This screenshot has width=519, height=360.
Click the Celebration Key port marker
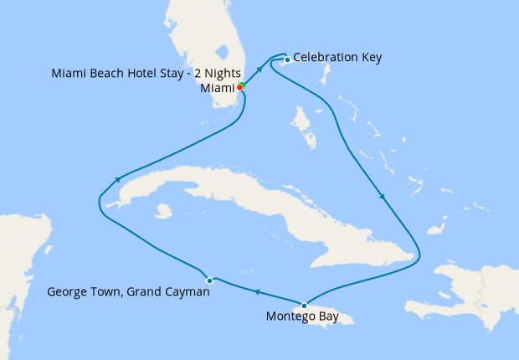287,59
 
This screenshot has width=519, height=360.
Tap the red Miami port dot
239,87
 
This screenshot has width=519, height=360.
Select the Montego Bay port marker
304,305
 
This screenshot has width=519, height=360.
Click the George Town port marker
210,280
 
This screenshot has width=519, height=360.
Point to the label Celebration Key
337,58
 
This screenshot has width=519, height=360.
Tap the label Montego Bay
302,317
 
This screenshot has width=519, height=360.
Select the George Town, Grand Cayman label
128,293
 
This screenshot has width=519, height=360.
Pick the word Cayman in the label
186,293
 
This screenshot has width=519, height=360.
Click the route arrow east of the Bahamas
383,198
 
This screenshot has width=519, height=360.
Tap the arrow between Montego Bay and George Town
257,292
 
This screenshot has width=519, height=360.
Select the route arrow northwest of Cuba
120,178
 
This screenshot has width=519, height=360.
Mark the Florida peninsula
209,42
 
